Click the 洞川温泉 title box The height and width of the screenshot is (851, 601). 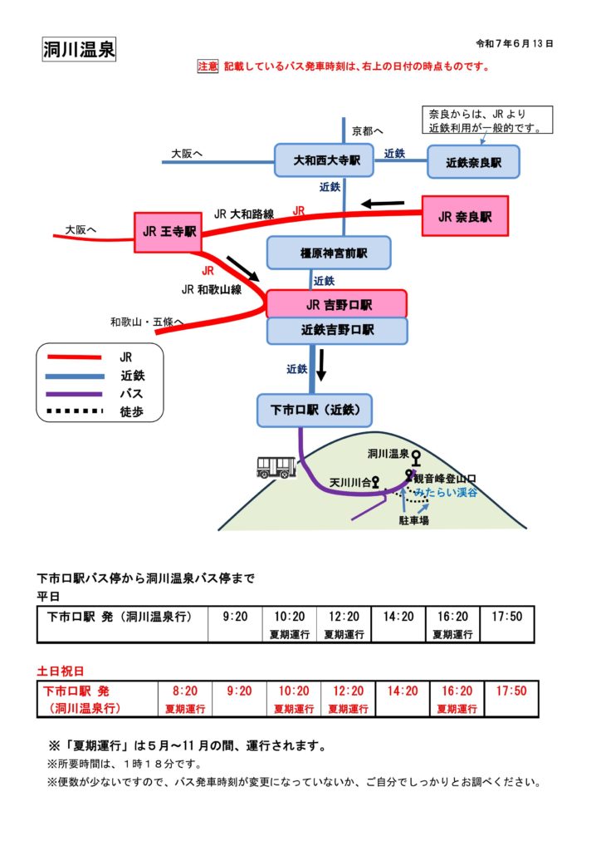click(79, 50)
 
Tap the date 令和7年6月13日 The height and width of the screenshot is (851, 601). click(515, 42)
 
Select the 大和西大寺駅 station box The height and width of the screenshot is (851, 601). click(323, 160)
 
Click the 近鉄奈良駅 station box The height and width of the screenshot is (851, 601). click(474, 162)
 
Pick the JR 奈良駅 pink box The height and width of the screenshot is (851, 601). click(465, 216)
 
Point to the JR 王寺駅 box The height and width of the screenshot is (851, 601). click(168, 232)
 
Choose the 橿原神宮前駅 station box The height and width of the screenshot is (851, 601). click(328, 253)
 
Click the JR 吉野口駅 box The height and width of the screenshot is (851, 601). click(336, 304)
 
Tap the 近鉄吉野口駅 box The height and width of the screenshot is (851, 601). click(336, 330)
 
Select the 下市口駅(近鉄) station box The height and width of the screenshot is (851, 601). click(315, 410)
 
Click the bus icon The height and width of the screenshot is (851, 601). click(276, 467)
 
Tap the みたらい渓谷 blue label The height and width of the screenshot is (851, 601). click(447, 493)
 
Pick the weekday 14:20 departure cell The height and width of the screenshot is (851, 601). click(398, 617)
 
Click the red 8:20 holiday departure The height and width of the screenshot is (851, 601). click(185, 691)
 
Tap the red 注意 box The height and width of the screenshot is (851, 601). click(207, 66)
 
